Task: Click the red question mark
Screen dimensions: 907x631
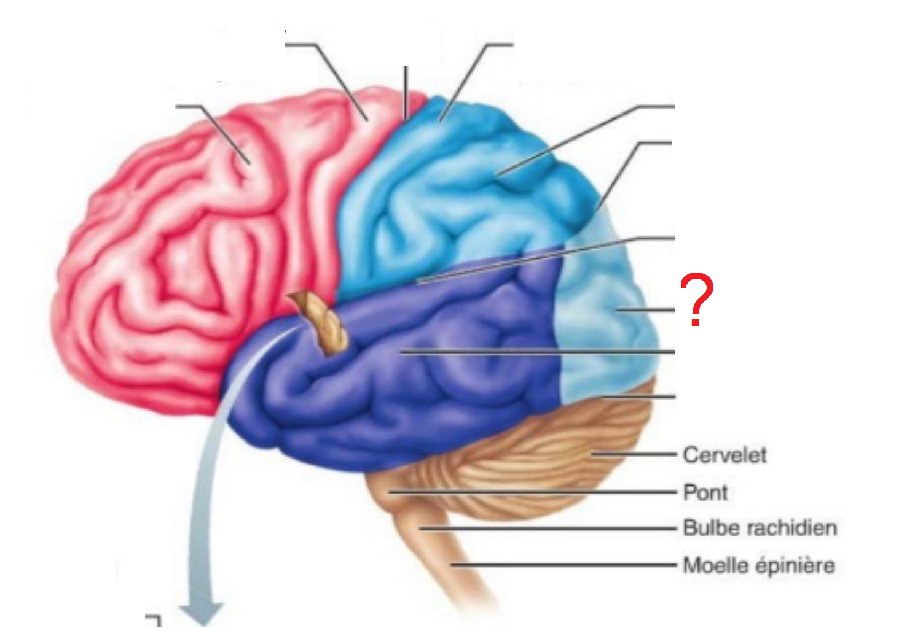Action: pos(696,300)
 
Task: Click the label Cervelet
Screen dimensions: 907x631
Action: pos(724,455)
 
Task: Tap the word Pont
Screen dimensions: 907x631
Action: pos(705,492)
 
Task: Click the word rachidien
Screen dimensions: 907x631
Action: pos(787,528)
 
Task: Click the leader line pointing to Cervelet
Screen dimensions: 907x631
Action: pos(633,455)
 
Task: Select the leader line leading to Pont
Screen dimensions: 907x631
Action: pos(528,492)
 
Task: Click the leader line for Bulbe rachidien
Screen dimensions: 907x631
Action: pos(547,528)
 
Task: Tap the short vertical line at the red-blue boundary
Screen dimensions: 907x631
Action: pos(406,92)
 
